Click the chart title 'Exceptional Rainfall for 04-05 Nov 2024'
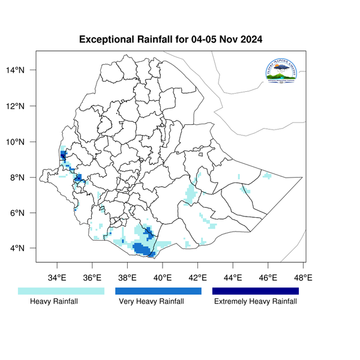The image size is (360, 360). pyautogui.click(x=171, y=40)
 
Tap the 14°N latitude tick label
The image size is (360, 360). pyautogui.click(x=23, y=71)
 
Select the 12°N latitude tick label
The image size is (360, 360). pyautogui.click(x=23, y=106)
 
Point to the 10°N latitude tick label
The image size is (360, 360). pyautogui.click(x=23, y=142)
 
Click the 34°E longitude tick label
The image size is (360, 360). pyautogui.click(x=57, y=278)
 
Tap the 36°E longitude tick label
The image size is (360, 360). pyautogui.click(x=92, y=278)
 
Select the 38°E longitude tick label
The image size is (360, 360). pyautogui.click(x=127, y=278)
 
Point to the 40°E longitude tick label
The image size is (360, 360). pyautogui.click(x=163, y=278)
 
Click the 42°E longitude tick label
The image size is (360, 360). pyautogui.click(x=197, y=278)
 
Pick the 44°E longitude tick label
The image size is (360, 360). pyautogui.click(x=233, y=278)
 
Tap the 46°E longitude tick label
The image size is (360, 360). pyautogui.click(x=268, y=278)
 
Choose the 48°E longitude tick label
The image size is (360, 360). pyautogui.click(x=303, y=278)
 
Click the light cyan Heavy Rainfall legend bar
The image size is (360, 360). pyautogui.click(x=61, y=291)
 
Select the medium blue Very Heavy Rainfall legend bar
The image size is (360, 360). pyautogui.click(x=158, y=291)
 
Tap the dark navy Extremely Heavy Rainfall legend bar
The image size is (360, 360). pyautogui.click(x=256, y=291)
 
